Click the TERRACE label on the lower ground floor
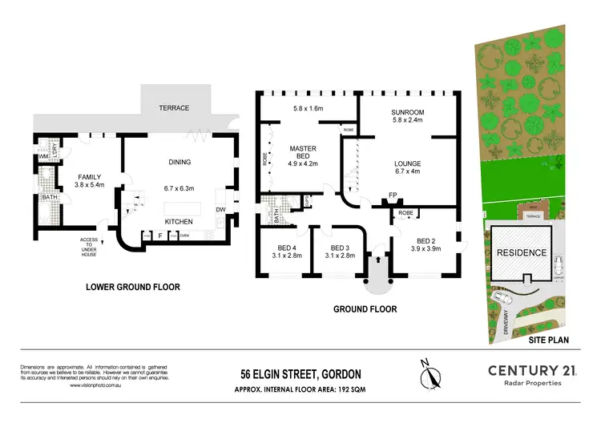pyautogui.click(x=173, y=107)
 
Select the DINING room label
pyautogui.click(x=179, y=162)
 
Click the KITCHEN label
pyautogui.click(x=179, y=220)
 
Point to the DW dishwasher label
pyautogui.click(x=220, y=210)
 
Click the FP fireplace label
pyautogui.click(x=393, y=195)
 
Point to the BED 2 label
pyautogui.click(x=425, y=240)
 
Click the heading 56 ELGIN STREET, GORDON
pyautogui.click(x=300, y=373)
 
